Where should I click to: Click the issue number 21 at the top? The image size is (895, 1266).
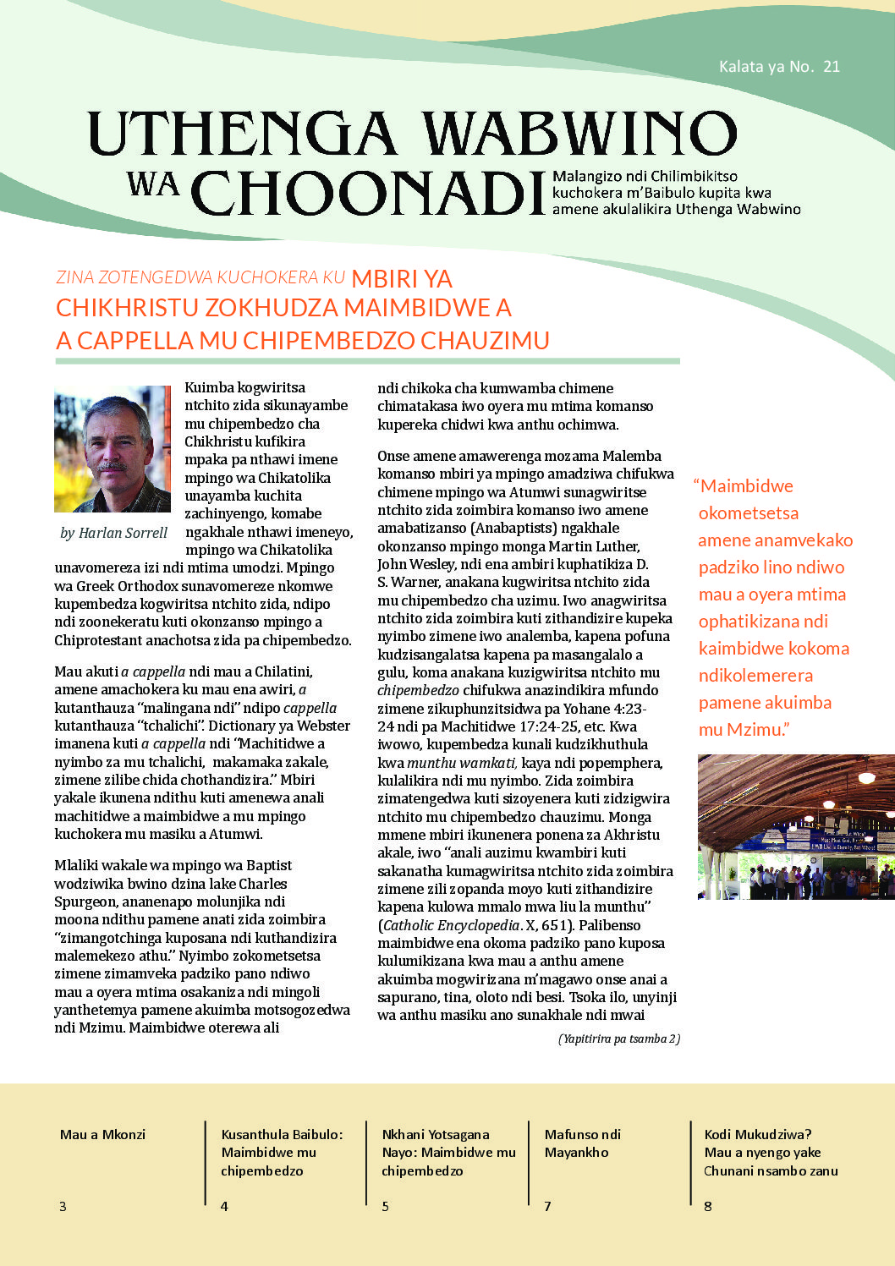click(831, 67)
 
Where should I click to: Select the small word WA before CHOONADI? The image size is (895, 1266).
click(153, 183)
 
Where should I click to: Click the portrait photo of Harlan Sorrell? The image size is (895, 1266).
click(113, 449)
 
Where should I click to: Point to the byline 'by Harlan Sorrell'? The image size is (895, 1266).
click(113, 533)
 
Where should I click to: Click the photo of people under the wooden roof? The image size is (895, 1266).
click(795, 826)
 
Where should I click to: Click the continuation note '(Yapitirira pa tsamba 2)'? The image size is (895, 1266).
click(618, 1039)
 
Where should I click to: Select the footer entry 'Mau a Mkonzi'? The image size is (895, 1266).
click(102, 1135)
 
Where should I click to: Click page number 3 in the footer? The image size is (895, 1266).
click(63, 1206)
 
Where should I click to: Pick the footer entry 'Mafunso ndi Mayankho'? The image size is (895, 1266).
click(582, 1143)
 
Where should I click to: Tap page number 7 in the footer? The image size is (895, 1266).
click(547, 1206)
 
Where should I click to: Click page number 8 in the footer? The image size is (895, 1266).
click(708, 1206)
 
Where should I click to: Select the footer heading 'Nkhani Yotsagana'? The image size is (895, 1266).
click(435, 1135)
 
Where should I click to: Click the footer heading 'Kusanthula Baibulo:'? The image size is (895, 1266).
click(282, 1135)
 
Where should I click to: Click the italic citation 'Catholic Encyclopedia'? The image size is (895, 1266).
click(452, 925)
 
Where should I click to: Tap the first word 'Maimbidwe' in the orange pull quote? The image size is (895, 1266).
click(746, 486)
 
